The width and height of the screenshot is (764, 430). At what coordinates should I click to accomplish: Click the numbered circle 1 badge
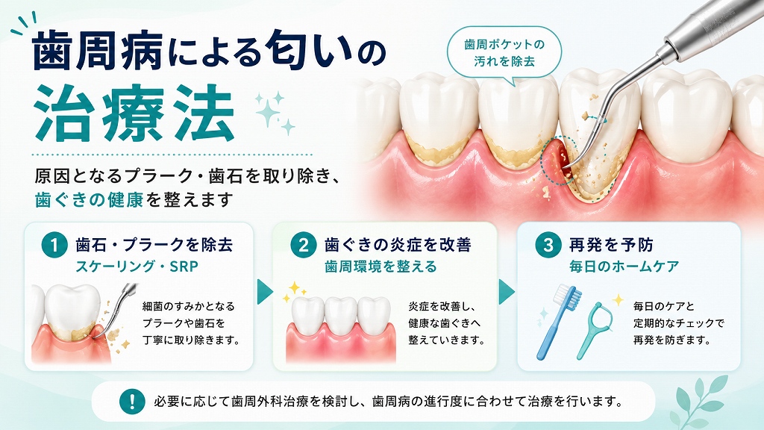click(54, 245)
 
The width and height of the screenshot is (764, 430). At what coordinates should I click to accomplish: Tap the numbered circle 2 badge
click(303, 245)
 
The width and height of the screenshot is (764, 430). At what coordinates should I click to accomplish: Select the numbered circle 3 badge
click(548, 245)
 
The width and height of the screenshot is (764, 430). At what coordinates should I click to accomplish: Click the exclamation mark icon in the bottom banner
click(132, 401)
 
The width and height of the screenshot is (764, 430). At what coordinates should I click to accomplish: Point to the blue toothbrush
click(559, 321)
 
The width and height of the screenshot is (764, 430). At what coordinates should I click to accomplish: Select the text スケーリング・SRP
click(137, 267)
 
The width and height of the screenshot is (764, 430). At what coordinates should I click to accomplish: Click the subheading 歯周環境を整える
click(381, 267)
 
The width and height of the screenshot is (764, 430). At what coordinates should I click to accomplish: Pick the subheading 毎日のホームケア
click(624, 267)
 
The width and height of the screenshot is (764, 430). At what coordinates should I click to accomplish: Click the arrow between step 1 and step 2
click(265, 292)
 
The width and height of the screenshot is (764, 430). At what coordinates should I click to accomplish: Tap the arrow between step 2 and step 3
click(507, 292)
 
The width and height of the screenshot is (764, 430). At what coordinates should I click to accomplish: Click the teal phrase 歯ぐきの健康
click(89, 200)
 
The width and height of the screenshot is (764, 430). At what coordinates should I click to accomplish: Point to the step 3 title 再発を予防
click(611, 245)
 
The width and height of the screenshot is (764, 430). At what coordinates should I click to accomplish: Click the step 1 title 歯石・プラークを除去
click(154, 245)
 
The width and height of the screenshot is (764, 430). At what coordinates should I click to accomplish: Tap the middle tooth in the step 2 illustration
click(340, 315)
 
